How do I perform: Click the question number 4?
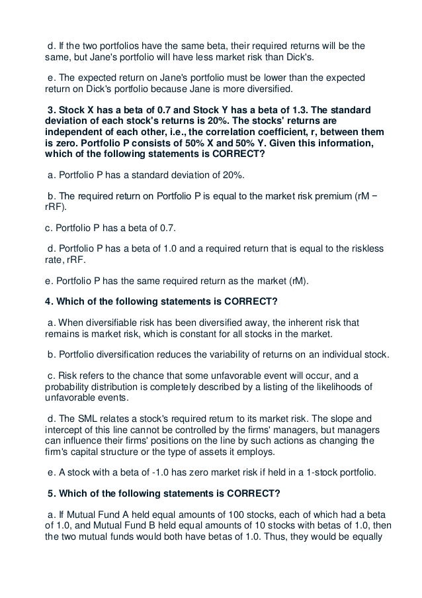tap(47, 302)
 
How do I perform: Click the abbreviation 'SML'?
tap(89, 419)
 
